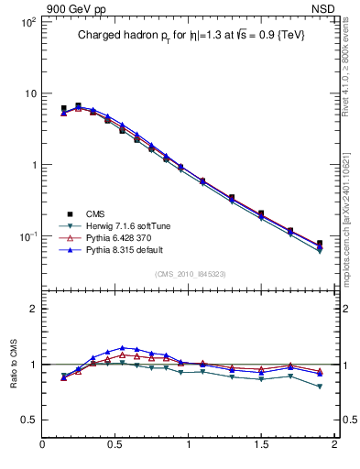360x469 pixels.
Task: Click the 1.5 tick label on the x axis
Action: coord(261,445)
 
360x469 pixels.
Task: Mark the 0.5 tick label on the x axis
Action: coord(115,445)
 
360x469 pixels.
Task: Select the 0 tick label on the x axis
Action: coord(43,445)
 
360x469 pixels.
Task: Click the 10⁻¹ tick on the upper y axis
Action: coord(27,236)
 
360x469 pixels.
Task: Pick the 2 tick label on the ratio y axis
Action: coord(33,309)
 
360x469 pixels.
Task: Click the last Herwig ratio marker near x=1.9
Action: coord(320,387)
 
